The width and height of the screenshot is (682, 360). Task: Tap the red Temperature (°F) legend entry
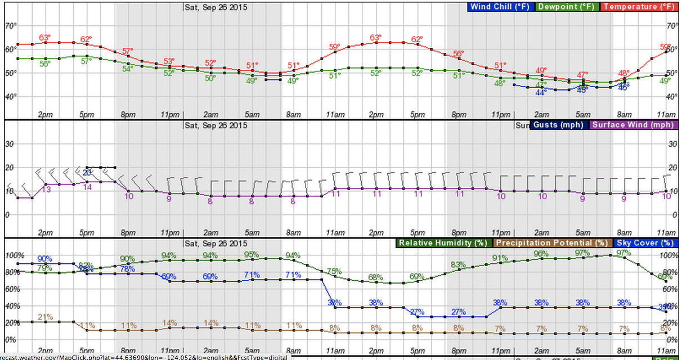pos(637,7)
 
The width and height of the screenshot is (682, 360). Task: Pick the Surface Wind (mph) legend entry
pos(632,124)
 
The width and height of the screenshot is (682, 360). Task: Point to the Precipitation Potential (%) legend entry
pos(551,243)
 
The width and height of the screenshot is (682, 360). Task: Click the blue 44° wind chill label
pos(541,92)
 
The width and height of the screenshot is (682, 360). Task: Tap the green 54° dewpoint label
pos(128,69)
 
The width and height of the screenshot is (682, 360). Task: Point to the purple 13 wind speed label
pos(46,189)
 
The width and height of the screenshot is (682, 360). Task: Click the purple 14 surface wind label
pos(87,187)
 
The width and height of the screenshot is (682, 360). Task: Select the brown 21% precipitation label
pos(45,317)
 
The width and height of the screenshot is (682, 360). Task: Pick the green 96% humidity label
pos(541,253)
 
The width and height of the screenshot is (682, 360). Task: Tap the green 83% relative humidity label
pos(459,264)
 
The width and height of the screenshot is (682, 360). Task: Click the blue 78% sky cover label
pos(128,269)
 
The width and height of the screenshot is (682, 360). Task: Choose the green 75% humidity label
pos(334,271)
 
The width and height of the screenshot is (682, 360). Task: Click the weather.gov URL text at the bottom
pos(143,357)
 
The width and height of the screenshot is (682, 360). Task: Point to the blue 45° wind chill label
pos(582,89)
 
